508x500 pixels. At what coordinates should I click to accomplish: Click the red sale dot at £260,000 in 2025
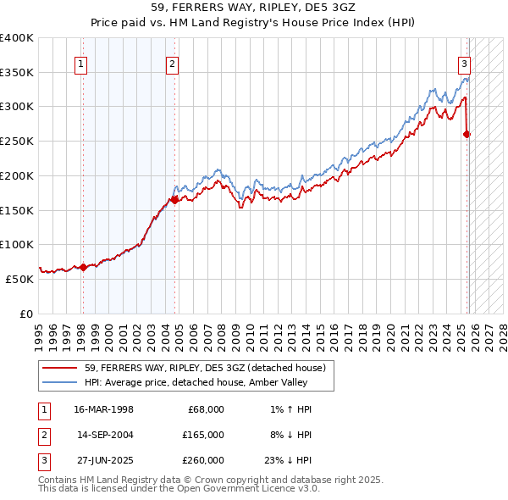coord(467,134)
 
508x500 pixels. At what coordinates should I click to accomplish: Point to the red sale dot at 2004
coord(174,200)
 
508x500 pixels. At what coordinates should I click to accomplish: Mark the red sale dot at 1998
coord(83,267)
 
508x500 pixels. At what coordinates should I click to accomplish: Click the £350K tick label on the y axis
coord(17,72)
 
